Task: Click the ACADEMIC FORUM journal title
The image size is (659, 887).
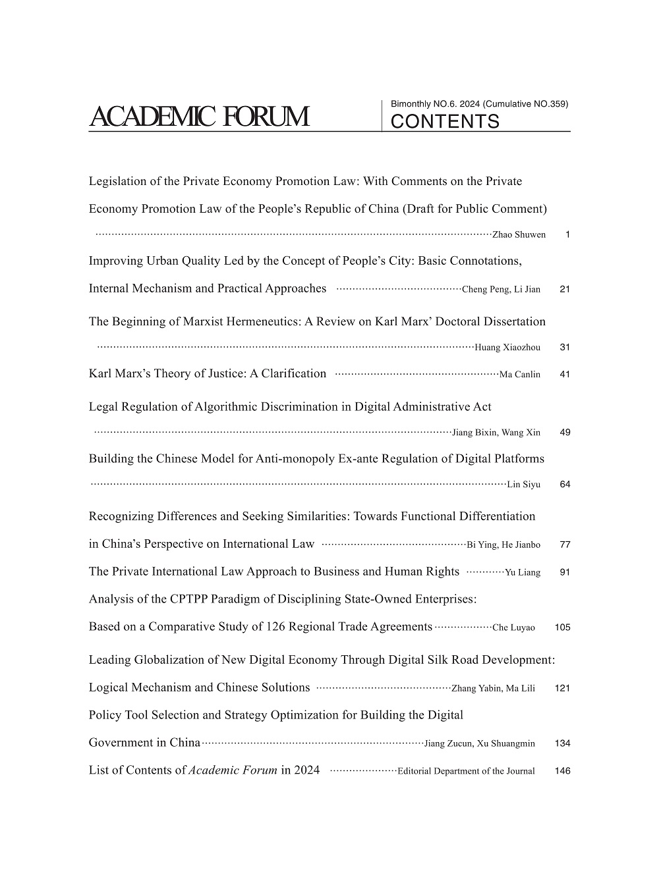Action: (198, 117)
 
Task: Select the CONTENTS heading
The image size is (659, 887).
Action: (445, 122)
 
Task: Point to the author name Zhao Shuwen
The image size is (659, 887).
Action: (519, 235)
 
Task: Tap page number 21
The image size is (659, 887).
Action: (564, 289)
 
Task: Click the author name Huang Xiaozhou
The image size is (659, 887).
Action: (507, 348)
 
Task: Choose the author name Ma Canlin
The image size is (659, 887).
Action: (519, 375)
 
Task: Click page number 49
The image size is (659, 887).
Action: (564, 433)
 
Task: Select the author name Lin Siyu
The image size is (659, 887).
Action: (523, 485)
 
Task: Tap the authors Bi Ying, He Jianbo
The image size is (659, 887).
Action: (503, 545)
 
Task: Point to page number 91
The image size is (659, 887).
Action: (564, 572)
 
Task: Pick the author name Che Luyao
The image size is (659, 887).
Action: (513, 628)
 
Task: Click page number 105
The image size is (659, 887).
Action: (562, 628)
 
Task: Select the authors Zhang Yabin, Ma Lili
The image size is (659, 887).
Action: (493, 689)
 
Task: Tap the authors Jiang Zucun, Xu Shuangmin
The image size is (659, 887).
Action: (479, 743)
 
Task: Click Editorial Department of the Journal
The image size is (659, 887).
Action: (466, 771)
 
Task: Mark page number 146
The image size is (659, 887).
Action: (562, 771)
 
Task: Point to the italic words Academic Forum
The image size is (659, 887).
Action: (233, 770)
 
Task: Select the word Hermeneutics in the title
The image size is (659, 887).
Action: (262, 322)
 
